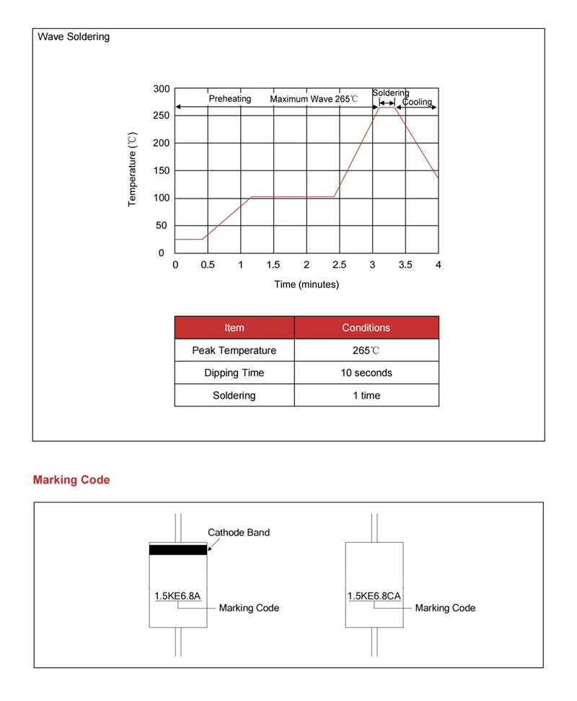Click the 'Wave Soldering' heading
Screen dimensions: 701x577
click(x=74, y=36)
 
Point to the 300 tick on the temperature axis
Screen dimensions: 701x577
click(x=162, y=89)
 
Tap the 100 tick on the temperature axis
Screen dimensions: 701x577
click(x=162, y=198)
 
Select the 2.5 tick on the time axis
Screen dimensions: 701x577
click(x=339, y=265)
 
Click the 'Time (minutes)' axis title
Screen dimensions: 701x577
click(x=307, y=284)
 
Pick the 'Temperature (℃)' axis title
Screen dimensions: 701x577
click(x=132, y=170)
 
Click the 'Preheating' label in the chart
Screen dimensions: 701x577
click(x=230, y=99)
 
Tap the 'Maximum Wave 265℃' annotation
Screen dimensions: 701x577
click(x=314, y=99)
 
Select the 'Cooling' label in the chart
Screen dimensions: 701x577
click(x=417, y=102)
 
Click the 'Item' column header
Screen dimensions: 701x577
click(x=234, y=328)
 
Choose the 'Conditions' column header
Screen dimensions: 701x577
click(x=366, y=328)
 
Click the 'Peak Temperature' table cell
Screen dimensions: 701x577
click(x=234, y=351)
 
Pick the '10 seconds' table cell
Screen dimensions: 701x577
click(x=366, y=373)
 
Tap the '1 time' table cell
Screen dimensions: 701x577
click(x=366, y=396)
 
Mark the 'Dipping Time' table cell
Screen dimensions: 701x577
click(x=234, y=373)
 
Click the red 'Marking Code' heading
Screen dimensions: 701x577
click(x=71, y=480)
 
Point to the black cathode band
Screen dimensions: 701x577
click(x=178, y=550)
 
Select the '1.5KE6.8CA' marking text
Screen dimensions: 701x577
click(x=374, y=596)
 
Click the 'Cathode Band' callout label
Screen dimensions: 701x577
click(x=239, y=533)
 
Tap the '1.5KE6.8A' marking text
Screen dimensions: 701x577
click(x=177, y=596)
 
